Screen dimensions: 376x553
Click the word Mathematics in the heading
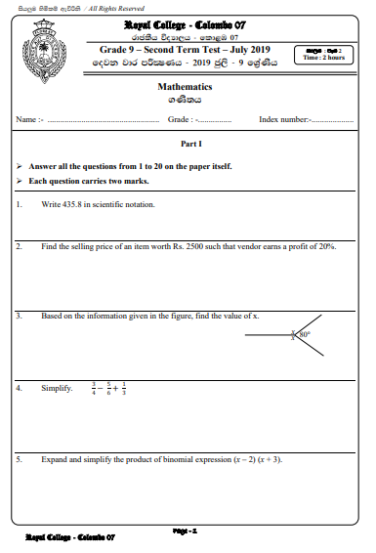[x=185, y=87]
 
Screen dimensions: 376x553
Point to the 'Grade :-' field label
[x=182, y=119]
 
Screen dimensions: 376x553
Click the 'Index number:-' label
[x=284, y=119]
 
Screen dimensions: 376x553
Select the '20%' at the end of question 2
[x=328, y=246]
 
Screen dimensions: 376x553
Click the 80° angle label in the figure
[x=305, y=335]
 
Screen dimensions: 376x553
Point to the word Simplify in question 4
[x=57, y=388]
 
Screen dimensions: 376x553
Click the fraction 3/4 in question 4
[x=94, y=387]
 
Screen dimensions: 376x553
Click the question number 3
[x=20, y=317]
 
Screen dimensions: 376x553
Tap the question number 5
[x=20, y=459]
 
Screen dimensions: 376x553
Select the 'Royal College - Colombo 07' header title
[x=185, y=22]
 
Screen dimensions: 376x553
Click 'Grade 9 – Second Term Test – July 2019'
[x=185, y=48]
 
